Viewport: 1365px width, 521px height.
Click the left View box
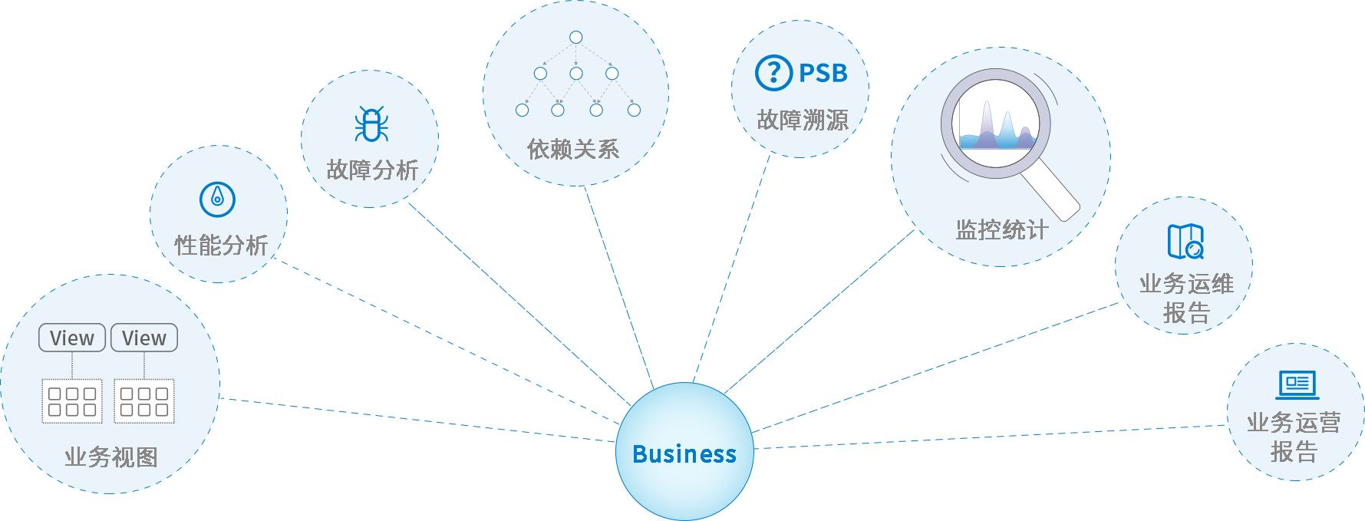pyautogui.click(x=72, y=338)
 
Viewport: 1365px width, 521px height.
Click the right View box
pyautogui.click(x=144, y=338)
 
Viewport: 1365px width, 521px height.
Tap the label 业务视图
pyautogui.click(x=111, y=457)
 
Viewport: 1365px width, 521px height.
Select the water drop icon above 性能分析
pyautogui.click(x=217, y=199)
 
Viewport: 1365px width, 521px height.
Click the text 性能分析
pyautogui.click(x=221, y=246)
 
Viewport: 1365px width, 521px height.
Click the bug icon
pyautogui.click(x=371, y=124)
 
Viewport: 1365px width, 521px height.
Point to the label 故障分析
pyautogui.click(x=372, y=170)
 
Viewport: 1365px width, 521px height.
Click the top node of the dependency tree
pyautogui.click(x=576, y=37)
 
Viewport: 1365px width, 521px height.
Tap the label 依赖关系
pyautogui.click(x=573, y=149)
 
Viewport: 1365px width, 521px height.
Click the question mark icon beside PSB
pyautogui.click(x=773, y=73)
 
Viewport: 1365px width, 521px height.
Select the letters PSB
pyautogui.click(x=823, y=74)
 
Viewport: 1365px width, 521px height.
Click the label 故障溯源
pyautogui.click(x=803, y=120)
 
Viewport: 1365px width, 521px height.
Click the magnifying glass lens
pyautogui.click(x=996, y=124)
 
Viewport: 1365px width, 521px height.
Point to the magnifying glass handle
pyautogui.click(x=1052, y=193)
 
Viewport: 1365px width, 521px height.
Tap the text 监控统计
pyautogui.click(x=1002, y=229)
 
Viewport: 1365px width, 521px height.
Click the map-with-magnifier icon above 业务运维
pyautogui.click(x=1185, y=242)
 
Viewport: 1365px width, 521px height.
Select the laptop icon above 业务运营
pyautogui.click(x=1297, y=384)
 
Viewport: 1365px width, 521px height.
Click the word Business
pyautogui.click(x=684, y=454)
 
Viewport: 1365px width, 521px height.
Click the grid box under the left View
pyautogui.click(x=72, y=401)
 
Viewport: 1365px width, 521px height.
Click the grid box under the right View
pyautogui.click(x=144, y=401)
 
